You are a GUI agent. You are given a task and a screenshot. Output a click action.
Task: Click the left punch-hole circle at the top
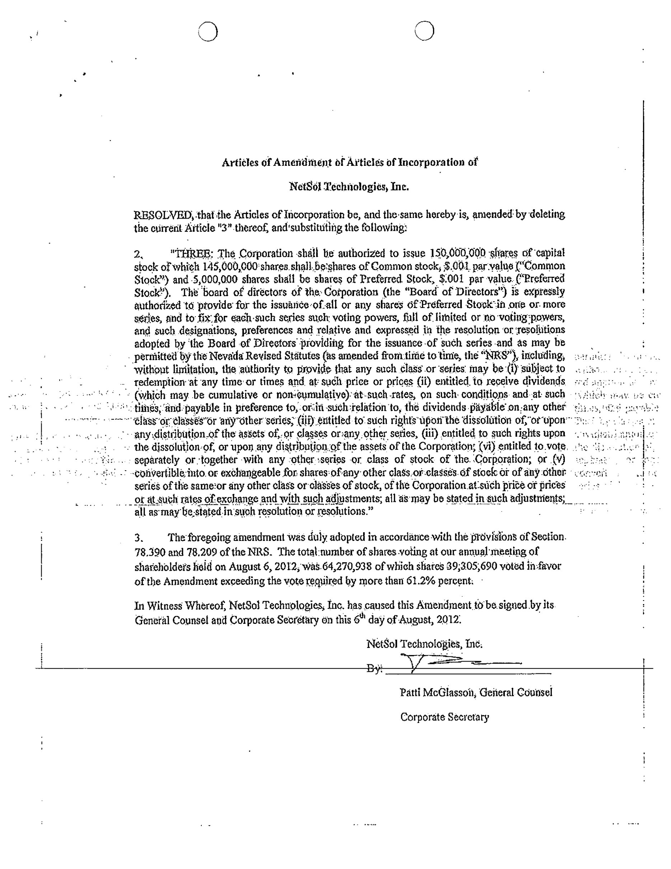click(x=208, y=32)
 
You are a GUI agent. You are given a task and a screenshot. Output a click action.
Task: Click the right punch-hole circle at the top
click(x=424, y=31)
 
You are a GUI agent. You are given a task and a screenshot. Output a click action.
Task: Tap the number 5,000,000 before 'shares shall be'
click(x=215, y=279)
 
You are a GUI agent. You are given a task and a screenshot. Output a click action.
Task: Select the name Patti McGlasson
click(x=436, y=693)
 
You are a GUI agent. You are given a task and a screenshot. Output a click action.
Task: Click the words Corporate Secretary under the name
click(x=444, y=717)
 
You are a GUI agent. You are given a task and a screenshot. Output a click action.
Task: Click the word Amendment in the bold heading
click(x=302, y=163)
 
